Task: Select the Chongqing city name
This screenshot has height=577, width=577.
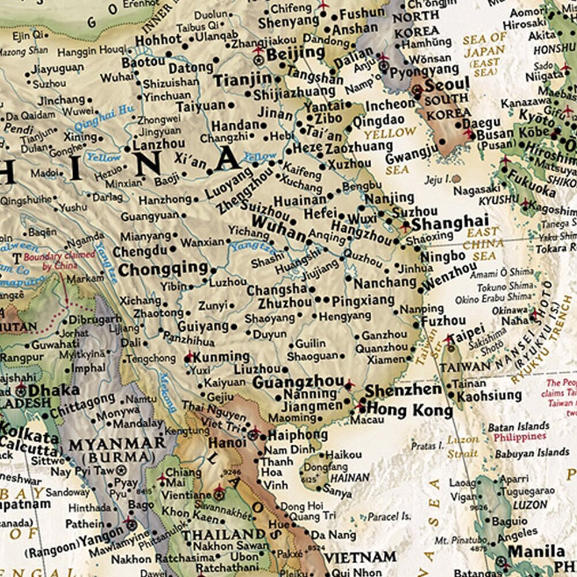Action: pos(163,269)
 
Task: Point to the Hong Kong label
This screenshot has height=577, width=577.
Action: pos(409,410)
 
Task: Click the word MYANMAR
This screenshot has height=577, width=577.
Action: pos(117,444)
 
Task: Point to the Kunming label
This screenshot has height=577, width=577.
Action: pos(221,357)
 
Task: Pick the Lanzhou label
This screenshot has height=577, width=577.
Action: pos(159,144)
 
